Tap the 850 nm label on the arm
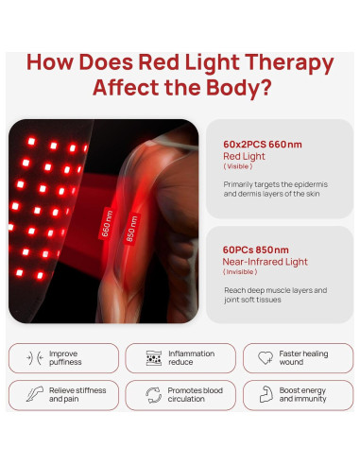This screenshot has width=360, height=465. tap(133, 229)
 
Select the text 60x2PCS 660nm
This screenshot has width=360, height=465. tap(263, 144)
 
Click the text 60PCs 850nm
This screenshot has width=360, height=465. tap(256, 250)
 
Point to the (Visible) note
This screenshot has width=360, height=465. tap(238, 166)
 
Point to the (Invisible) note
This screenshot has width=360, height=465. tap(241, 272)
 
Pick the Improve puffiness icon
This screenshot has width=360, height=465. tap(35, 358)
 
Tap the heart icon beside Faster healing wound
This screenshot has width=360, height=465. tap(265, 358)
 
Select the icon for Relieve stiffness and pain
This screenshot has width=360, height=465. tap(35, 394)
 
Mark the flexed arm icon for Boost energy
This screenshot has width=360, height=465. tap(265, 394)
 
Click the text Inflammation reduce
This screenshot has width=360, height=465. tap(192, 358)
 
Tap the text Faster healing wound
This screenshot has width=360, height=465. tap(303, 358)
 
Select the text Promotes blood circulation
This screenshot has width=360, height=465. tap(194, 394)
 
